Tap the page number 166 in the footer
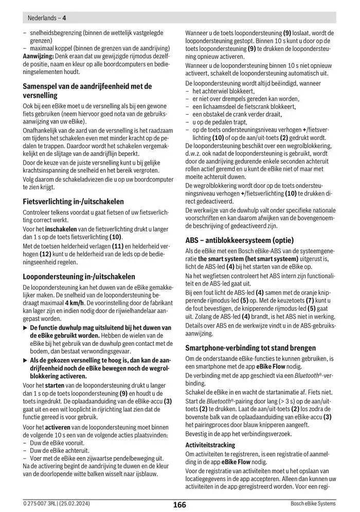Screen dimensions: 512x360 [x=179, y=504]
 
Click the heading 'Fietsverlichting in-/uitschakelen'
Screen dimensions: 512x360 [x=73, y=201]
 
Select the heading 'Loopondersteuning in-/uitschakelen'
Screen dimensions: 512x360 [x=79, y=276]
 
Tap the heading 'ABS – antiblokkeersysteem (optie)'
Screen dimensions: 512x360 [x=239, y=240]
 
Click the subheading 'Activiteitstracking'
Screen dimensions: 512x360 [x=210, y=445]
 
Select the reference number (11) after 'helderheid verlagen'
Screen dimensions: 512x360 [x=117, y=246]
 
